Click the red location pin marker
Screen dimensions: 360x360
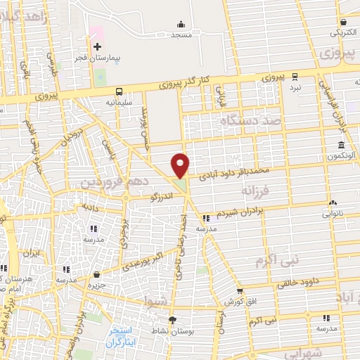181,165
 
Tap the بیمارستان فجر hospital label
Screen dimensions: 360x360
97,58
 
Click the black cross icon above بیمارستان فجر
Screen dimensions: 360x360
97,46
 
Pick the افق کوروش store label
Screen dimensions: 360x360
239,302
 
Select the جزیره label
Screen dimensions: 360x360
96,285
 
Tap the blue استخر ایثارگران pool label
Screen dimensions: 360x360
124,337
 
